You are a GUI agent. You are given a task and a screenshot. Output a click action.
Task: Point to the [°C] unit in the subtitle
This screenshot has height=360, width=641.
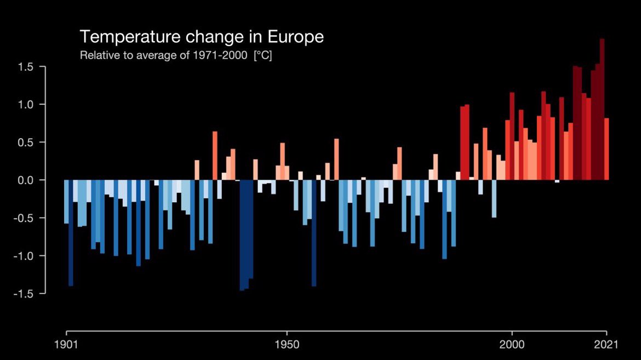[x=262, y=56]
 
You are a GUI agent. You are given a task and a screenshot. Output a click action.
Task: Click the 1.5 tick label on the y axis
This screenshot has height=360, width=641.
[x=26, y=67]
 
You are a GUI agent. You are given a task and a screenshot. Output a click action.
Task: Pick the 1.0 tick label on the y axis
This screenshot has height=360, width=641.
[x=26, y=105]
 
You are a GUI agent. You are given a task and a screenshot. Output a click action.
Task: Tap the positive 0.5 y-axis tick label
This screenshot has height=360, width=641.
[x=26, y=142]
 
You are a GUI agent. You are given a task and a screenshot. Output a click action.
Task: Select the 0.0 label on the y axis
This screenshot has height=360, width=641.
[x=26, y=180]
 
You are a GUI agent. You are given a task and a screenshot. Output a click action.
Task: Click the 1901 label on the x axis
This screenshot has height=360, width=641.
[x=67, y=345]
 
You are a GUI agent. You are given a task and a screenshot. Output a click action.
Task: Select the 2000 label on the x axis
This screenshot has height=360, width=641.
[x=512, y=345]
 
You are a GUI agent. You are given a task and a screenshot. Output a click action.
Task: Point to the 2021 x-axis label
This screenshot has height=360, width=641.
[x=606, y=345]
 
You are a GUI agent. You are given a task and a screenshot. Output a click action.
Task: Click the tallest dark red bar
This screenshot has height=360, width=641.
[x=602, y=110]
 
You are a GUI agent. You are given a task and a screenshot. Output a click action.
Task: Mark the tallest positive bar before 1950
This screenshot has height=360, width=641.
[x=215, y=156]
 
